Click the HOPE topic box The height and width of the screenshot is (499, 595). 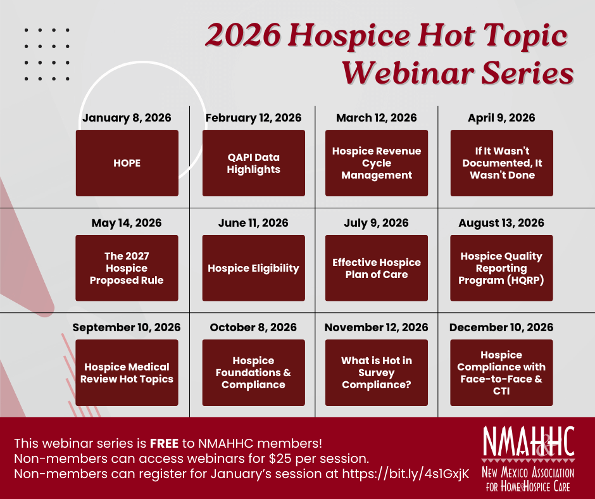(x=127, y=163)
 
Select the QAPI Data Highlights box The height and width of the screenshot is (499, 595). (x=253, y=163)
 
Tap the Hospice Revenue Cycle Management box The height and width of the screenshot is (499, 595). (x=377, y=163)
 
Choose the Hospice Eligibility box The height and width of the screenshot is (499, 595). (x=253, y=268)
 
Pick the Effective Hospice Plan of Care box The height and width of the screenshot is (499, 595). (x=377, y=268)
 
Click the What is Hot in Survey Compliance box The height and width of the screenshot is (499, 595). (x=377, y=372)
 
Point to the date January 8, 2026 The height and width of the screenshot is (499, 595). (x=127, y=118)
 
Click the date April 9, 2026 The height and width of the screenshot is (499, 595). (x=501, y=118)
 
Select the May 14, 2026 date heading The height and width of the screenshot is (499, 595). (x=127, y=223)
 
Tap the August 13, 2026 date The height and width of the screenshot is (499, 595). (x=501, y=223)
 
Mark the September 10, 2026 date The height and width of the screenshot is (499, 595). (x=127, y=327)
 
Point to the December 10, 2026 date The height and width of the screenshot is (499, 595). (x=501, y=327)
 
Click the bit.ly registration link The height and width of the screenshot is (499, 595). (x=406, y=474)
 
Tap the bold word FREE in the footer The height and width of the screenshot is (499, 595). (x=164, y=443)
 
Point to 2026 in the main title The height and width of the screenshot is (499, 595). (x=243, y=35)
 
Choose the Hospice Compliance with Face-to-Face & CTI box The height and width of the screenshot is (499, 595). (x=501, y=372)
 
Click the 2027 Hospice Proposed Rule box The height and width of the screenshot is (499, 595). (x=127, y=268)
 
